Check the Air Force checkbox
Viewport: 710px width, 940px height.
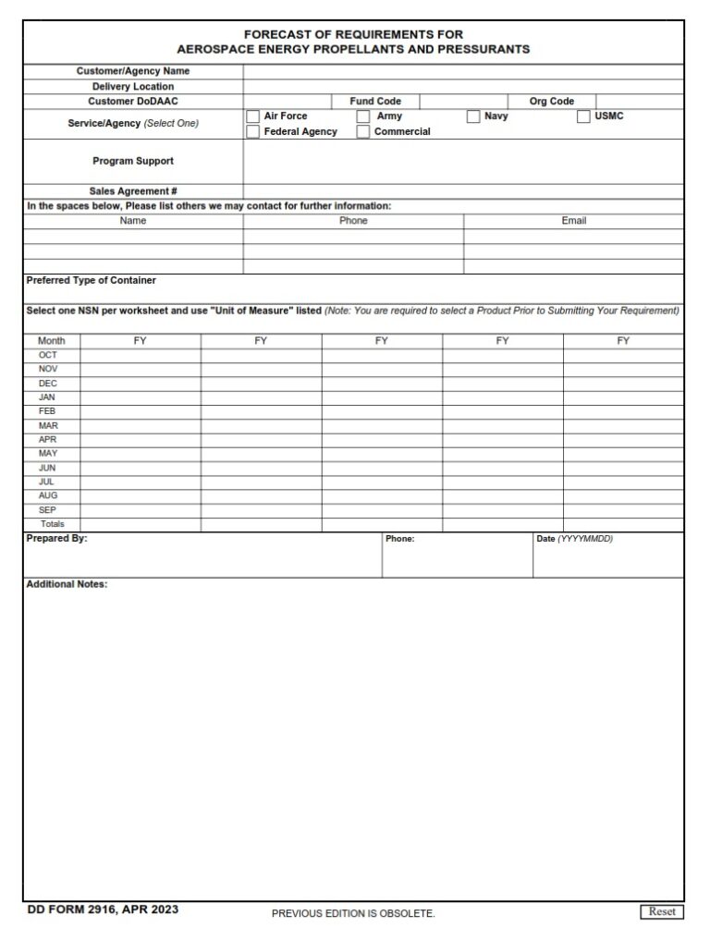point(252,116)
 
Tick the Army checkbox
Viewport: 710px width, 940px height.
point(363,116)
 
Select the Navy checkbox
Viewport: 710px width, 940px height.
point(473,116)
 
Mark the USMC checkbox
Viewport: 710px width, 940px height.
point(584,116)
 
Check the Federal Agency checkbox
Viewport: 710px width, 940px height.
point(252,132)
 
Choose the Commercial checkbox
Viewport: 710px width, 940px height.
point(363,132)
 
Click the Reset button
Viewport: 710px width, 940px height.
point(662,911)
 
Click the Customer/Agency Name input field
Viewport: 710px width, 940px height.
point(463,71)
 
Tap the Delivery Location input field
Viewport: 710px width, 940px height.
point(463,87)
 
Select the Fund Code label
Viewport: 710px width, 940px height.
point(375,102)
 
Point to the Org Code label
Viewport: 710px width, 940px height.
point(551,102)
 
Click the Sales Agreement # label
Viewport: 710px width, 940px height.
point(133,191)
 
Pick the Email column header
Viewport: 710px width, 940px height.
point(574,221)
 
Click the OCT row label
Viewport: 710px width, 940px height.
point(48,355)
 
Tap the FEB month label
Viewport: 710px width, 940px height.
point(47,411)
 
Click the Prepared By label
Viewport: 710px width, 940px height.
point(56,538)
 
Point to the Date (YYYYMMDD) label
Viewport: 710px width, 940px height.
point(574,539)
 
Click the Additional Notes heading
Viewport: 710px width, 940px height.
point(67,584)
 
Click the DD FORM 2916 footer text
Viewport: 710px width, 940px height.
point(103,909)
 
